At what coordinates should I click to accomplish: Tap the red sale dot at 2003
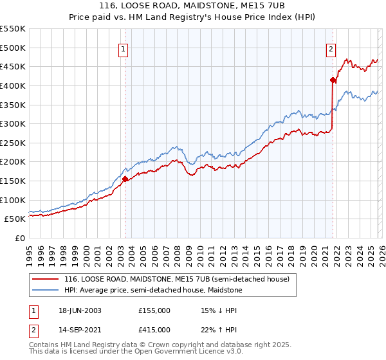(x=125, y=179)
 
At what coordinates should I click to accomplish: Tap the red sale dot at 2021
(x=333, y=80)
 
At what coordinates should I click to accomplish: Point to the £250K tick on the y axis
(x=13, y=143)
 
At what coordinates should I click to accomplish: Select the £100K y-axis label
(x=13, y=200)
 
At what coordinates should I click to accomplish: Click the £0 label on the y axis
(x=21, y=238)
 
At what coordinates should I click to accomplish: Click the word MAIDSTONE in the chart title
(x=203, y=5)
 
